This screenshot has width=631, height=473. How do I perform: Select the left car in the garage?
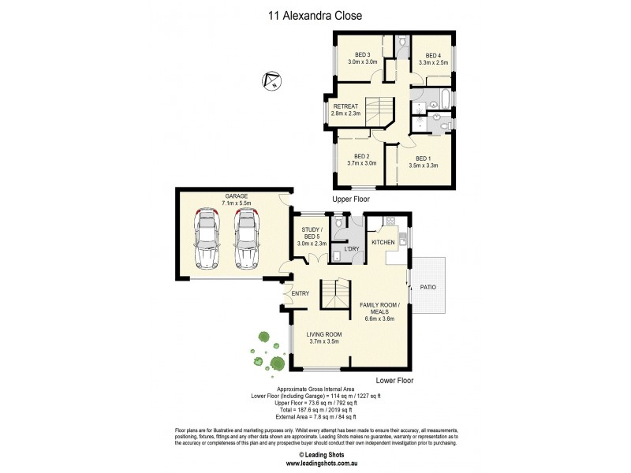pyautogui.click(x=207, y=238)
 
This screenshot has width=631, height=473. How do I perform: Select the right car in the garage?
pyautogui.click(x=247, y=238)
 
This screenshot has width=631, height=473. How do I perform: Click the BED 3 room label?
pyautogui.click(x=363, y=54)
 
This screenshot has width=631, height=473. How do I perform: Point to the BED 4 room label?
pyautogui.click(x=431, y=54)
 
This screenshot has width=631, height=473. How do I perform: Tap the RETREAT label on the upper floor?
pyautogui.click(x=346, y=106)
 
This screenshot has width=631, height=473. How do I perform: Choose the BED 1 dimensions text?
pyautogui.click(x=424, y=165)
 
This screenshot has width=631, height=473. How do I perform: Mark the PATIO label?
pyautogui.click(x=429, y=287)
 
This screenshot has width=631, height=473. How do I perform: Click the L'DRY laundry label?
pyautogui.click(x=352, y=249)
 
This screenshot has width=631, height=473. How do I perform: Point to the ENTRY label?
pyautogui.click(x=301, y=294)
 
